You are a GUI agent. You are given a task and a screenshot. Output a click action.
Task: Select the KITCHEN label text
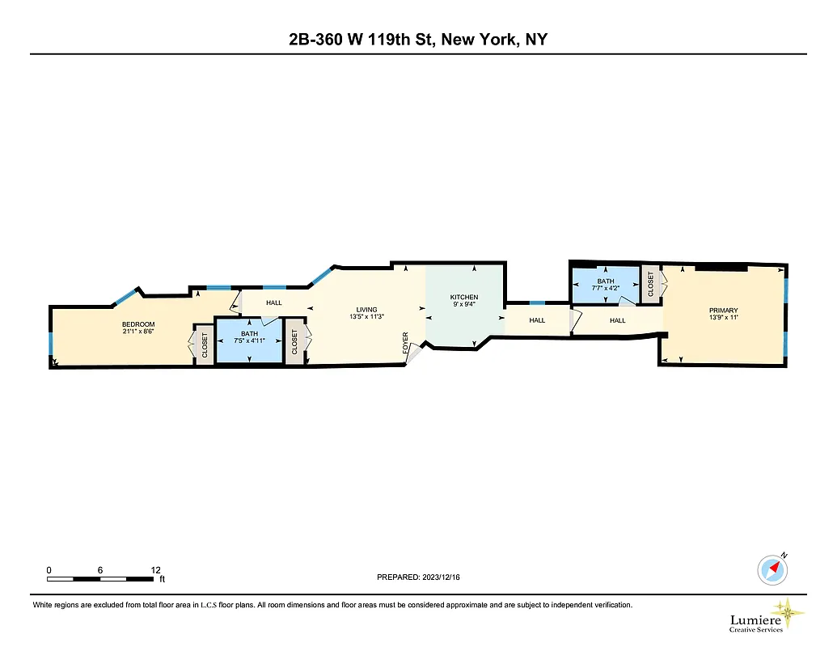464,298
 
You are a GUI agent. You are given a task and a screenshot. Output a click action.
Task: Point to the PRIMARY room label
723,311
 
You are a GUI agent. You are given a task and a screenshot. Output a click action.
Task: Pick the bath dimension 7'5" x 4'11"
249,340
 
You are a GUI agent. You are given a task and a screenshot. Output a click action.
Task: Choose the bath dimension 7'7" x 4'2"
606,288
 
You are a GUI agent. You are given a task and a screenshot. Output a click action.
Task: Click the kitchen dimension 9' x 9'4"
464,305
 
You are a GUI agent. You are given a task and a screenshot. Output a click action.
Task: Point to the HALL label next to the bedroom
274,303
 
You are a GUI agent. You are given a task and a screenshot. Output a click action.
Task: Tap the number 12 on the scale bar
155,570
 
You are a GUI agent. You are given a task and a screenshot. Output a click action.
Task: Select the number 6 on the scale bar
100,570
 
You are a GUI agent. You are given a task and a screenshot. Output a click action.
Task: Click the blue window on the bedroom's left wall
51,345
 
